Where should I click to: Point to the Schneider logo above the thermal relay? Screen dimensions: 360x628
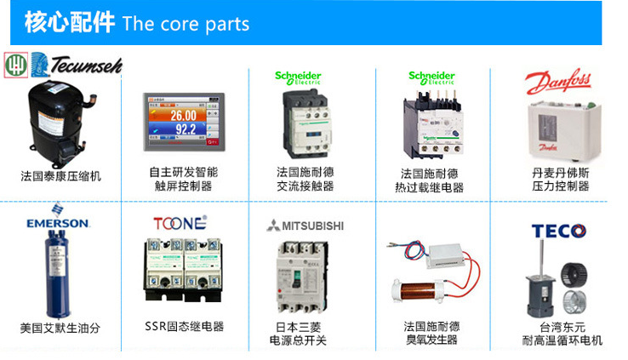coord(431,78)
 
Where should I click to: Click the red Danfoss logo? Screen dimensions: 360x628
coord(557,83)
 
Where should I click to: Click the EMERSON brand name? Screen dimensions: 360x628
coord(57,223)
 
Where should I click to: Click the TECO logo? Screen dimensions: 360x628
coord(558,231)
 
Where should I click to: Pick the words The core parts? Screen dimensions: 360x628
coord(186,23)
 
